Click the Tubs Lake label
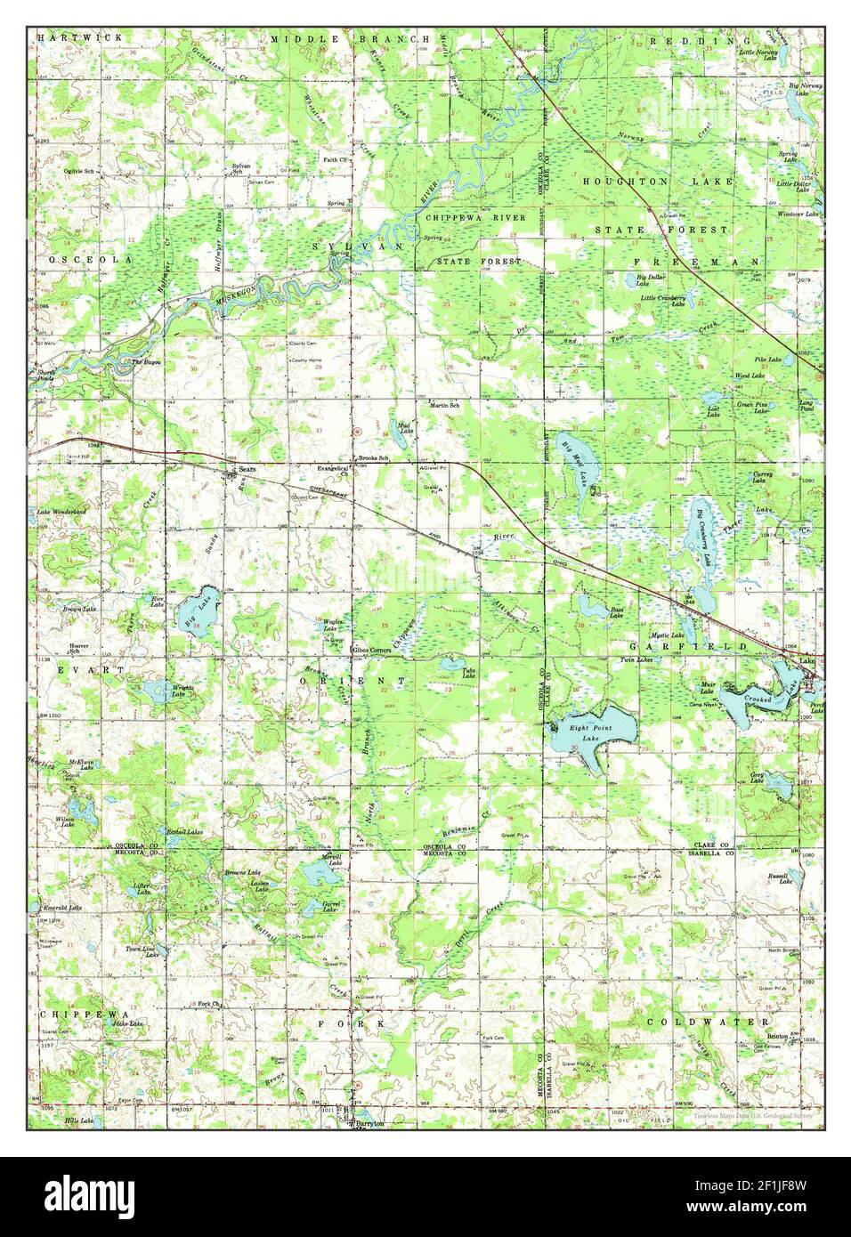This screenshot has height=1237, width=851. point(468,674)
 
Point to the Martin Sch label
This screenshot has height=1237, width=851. point(444,405)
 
